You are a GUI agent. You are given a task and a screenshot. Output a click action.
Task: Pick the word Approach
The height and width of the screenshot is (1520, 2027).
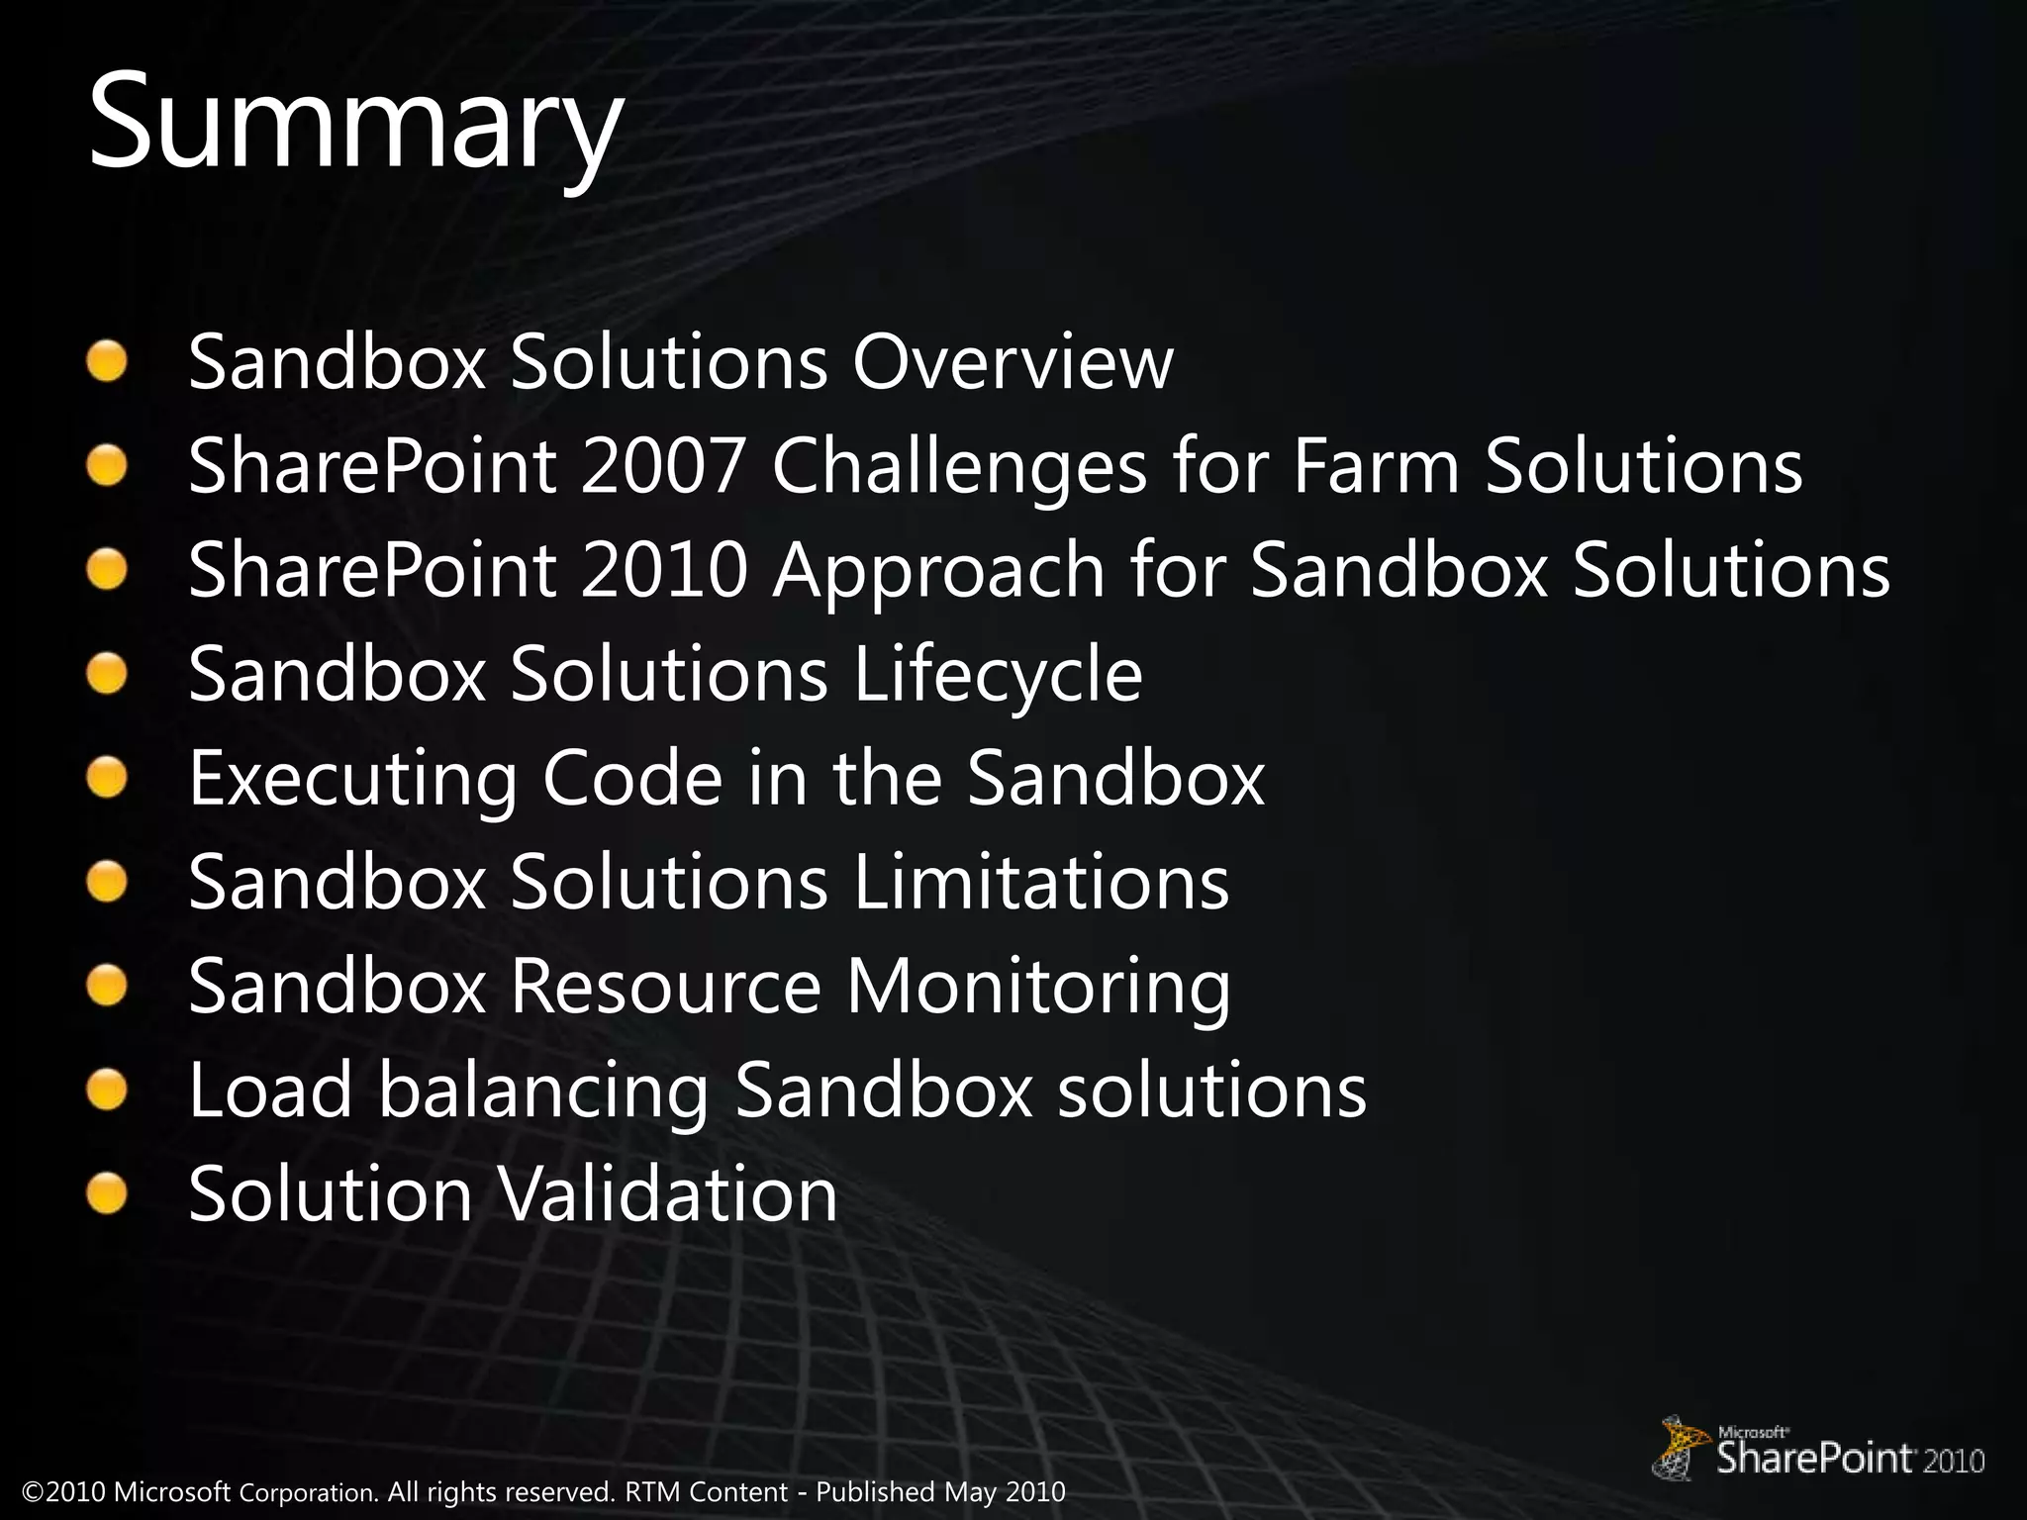coord(938,571)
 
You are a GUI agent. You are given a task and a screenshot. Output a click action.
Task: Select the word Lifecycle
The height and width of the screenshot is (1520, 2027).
coord(998,675)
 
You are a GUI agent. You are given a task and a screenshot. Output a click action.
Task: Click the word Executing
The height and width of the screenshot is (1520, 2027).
coord(353,779)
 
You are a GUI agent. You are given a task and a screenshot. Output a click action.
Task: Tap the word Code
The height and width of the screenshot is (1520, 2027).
coord(632,779)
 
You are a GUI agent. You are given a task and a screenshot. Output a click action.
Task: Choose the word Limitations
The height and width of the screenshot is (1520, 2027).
coord(1040,883)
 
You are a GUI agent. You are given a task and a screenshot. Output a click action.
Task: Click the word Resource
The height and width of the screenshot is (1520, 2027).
coord(665,987)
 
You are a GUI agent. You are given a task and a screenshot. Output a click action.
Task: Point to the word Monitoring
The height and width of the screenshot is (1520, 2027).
coord(1038,987)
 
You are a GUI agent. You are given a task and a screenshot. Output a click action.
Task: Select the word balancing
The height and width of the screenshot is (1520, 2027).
coord(543,1091)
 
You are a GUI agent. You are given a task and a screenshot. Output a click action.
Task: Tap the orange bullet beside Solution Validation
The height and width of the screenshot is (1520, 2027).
coord(106,1192)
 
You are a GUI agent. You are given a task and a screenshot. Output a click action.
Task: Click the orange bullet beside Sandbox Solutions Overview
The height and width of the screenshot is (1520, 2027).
coord(106,360)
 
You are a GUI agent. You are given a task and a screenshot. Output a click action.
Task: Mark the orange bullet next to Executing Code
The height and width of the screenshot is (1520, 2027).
coord(106,777)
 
